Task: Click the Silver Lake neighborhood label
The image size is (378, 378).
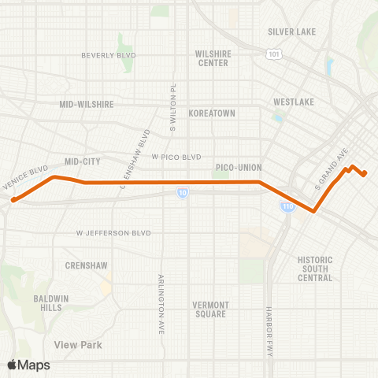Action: pos(291,31)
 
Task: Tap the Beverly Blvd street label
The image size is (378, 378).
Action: pos(109,55)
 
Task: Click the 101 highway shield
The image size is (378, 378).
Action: pos(272,55)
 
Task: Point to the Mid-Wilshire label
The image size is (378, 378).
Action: pos(87,103)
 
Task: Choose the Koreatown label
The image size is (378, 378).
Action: pos(212,113)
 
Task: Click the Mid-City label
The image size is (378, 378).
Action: pos(83,161)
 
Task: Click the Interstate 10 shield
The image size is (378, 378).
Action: pos(182,192)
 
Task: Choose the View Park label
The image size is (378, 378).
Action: pos(78,344)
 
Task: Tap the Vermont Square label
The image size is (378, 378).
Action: pos(210,309)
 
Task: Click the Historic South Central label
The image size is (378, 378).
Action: pos(315,269)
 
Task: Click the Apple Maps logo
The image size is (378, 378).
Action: pos(28,365)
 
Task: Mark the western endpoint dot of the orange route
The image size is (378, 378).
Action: pos(13,200)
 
